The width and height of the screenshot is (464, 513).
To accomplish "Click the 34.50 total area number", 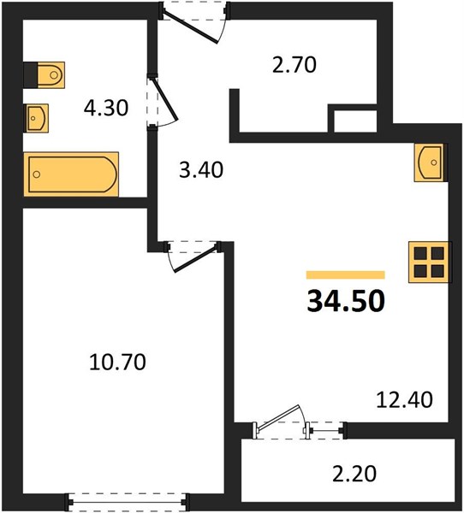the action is (346, 301).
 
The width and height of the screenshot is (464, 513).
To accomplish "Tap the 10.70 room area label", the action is (117, 363).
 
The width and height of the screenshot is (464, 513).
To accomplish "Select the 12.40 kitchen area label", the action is (404, 399).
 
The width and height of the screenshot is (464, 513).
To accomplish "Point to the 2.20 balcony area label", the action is (354, 474).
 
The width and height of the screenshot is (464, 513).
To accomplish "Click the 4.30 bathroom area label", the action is (105, 108).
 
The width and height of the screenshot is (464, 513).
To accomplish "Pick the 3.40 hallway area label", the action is (201, 170).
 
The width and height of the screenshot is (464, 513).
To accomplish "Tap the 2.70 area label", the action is (294, 64).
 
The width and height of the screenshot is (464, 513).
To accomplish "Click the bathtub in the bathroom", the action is (71, 174).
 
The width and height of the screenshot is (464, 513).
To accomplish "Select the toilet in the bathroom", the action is (45, 75).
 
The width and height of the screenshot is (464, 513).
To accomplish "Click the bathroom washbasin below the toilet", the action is (36, 118).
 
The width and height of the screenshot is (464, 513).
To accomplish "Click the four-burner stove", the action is (430, 262).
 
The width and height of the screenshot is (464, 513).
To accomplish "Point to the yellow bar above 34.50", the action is (345, 274).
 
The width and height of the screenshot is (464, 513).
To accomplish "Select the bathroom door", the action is (162, 101).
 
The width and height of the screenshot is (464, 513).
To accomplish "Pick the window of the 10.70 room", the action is (128, 500).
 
